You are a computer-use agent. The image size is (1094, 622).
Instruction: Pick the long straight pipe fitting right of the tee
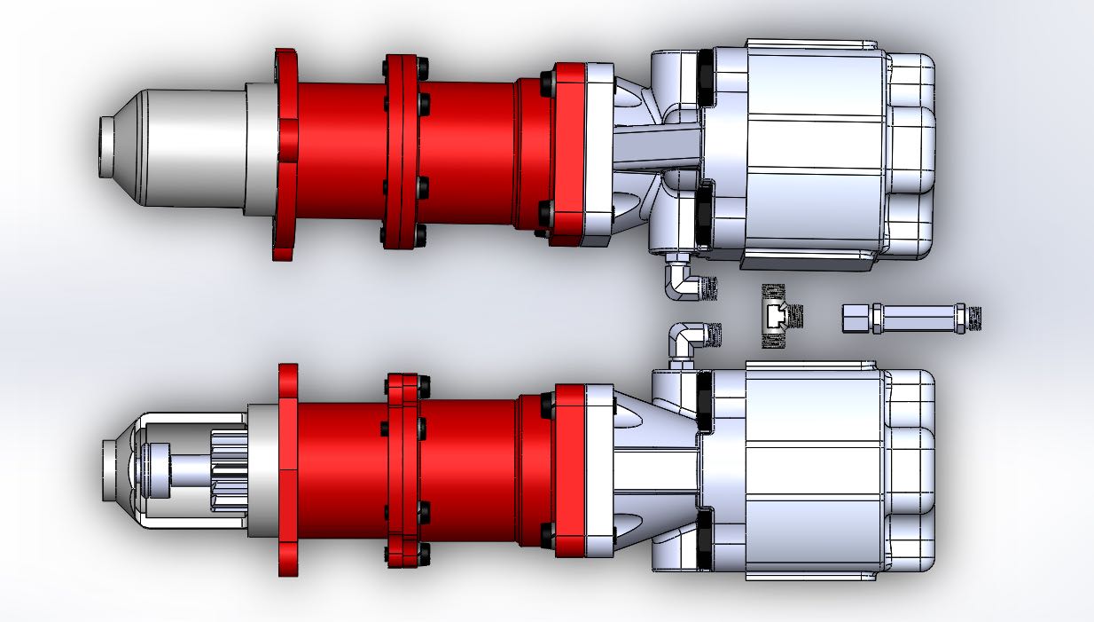[913, 317]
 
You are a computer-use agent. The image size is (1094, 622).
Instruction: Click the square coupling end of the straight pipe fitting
[856, 317]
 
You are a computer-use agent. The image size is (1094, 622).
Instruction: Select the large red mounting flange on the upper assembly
[286, 155]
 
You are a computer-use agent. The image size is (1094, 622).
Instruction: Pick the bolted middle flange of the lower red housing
[403, 470]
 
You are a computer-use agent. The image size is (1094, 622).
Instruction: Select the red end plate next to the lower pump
[582, 470]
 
